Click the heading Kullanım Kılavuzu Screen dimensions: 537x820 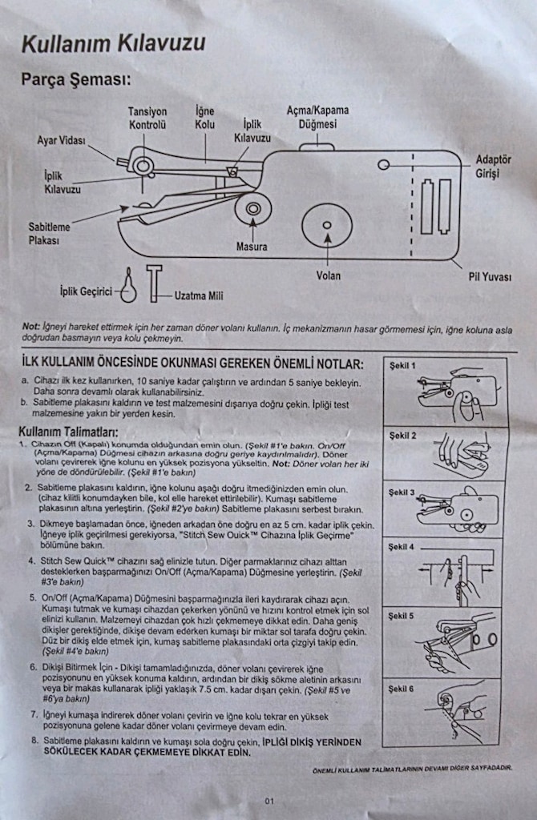114,44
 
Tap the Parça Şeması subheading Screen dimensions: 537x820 76,80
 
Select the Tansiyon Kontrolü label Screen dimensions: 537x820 147,119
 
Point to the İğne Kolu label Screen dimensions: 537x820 204,118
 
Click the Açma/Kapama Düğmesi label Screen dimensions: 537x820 317,117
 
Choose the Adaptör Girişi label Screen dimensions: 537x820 493,167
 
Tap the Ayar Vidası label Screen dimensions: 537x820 61,141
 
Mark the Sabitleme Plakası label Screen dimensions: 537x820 49,234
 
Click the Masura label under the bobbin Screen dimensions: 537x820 252,247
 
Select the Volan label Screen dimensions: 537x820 328,275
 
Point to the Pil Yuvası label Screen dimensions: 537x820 490,276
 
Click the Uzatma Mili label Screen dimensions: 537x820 199,296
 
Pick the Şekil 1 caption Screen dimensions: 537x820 402,365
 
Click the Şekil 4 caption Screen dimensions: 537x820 401,547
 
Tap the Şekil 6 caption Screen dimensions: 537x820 401,689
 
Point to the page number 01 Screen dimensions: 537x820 269,801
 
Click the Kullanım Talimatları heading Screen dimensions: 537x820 69,432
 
